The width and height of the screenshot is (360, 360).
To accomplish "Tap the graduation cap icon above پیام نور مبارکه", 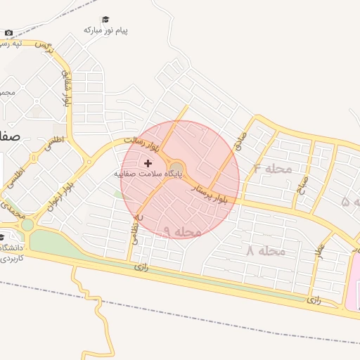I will [x=106, y=19].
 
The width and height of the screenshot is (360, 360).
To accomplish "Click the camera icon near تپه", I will [x=8, y=33].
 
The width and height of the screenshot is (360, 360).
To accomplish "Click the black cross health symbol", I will [x=148, y=162].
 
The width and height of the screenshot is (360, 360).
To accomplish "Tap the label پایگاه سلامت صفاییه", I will [x=148, y=173].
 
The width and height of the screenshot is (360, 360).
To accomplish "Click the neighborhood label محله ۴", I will [x=272, y=169].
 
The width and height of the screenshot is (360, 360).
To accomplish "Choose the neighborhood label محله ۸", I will [x=266, y=250].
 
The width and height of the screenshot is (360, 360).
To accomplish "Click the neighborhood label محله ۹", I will [x=182, y=231].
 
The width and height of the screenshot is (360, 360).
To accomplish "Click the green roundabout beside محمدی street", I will [x=27, y=226].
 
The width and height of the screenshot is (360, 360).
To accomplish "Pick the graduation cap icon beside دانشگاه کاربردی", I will [x=2, y=237].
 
